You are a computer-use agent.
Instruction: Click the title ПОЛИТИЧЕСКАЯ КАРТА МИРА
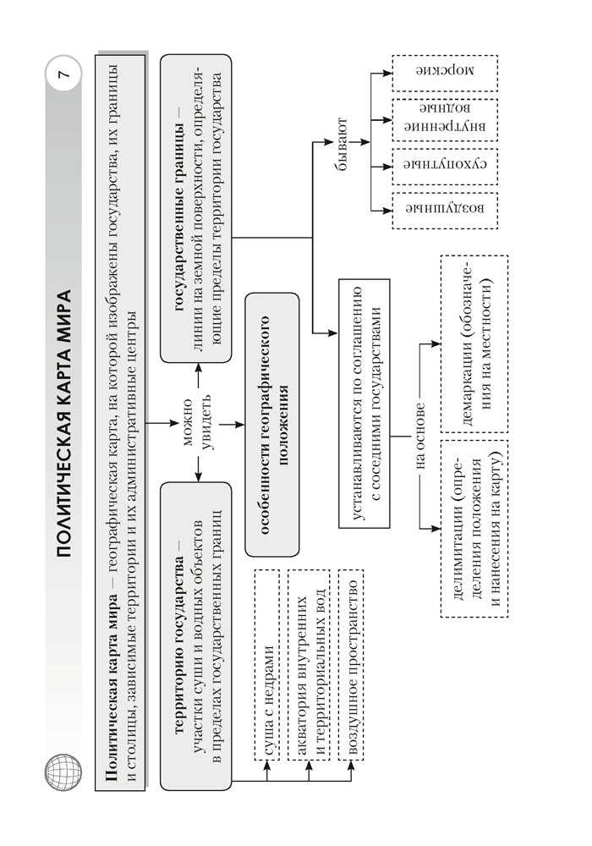[65, 423]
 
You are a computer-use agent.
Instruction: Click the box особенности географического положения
[272, 423]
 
